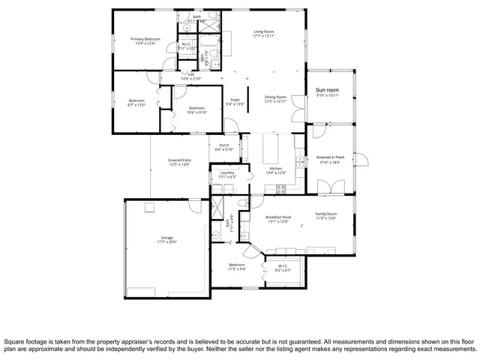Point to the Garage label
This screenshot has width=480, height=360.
coord(166,239)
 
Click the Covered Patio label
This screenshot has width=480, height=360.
coord(178,161)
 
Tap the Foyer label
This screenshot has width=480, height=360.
coord(235,101)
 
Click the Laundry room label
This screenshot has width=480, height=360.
coord(226,174)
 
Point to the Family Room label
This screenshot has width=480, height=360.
coord(325,215)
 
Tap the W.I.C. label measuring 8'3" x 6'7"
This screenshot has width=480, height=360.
coord(283,266)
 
